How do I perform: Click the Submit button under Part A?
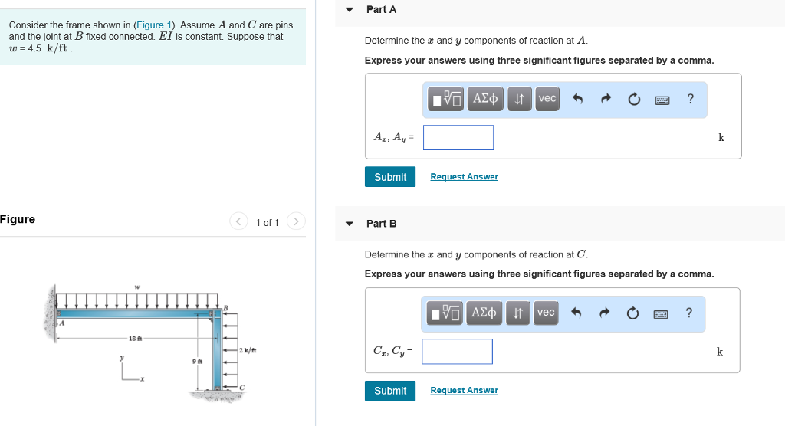[390, 177]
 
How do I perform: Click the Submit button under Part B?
[390, 391]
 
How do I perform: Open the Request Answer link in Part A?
[464, 177]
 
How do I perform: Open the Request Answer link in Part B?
[464, 391]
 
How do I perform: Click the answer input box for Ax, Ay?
[458, 138]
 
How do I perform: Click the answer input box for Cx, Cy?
[458, 352]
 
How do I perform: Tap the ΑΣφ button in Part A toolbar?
[485, 99]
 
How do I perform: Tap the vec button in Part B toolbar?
[546, 313]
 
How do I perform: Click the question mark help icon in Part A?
[691, 99]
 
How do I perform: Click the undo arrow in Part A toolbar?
[578, 99]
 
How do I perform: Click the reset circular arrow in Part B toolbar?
[633, 313]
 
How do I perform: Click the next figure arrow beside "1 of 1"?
[296, 222]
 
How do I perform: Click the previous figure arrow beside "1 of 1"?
[238, 222]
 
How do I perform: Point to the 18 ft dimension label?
[134, 338]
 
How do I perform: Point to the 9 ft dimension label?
[197, 361]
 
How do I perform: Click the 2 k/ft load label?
[248, 350]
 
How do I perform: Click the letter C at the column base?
[242, 388]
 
